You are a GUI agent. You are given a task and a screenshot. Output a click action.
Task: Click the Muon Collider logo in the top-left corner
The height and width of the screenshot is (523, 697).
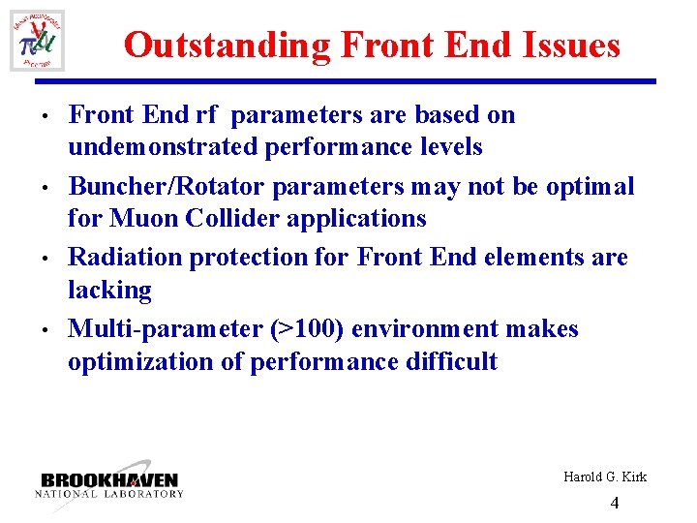tap(38, 40)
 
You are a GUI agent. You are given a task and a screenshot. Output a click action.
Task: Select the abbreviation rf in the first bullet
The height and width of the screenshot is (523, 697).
tap(207, 115)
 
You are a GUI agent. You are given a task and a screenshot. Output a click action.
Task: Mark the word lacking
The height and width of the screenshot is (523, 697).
tap(109, 291)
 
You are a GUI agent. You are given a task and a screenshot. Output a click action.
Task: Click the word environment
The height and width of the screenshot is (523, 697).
tap(445, 329)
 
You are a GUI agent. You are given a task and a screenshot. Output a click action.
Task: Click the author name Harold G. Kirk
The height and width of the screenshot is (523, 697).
tap(604, 477)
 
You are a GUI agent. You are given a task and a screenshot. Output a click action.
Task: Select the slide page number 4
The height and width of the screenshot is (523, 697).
tap(615, 503)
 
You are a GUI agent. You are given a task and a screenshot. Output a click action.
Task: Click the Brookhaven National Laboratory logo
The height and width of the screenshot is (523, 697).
tap(109, 484)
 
